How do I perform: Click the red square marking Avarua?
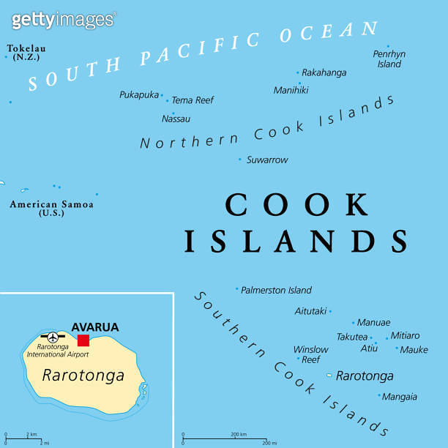pos(83,340)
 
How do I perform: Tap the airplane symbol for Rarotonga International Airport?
pos(52,337)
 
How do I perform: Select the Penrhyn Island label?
pos(389,59)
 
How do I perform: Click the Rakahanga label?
pos(324,72)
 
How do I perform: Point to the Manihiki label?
pos(291,90)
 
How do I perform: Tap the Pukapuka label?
pos(139,94)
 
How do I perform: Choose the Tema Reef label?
pos(193,100)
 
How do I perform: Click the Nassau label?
pos(176,119)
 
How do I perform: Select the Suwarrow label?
pos(267,160)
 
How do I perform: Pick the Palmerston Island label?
pos(276,290)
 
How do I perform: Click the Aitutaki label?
pos(310,311)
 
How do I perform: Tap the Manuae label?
pos(373,322)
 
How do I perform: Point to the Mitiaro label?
pos(406,335)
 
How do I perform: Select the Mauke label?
pos(414,349)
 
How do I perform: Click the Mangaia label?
pos(400,397)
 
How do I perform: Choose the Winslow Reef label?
pos(311,354)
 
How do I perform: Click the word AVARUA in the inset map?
pos(94,326)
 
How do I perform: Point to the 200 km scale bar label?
pos(239,435)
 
